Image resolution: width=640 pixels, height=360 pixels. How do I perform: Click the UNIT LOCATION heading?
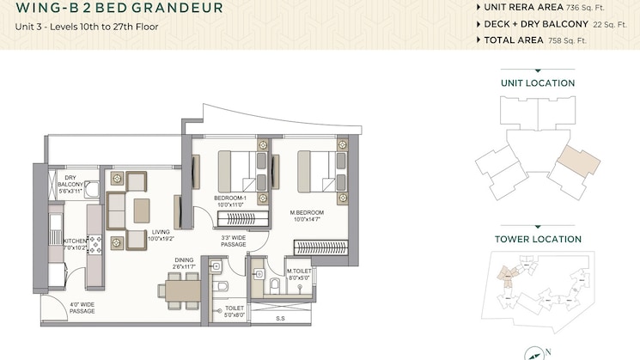coord(538,83)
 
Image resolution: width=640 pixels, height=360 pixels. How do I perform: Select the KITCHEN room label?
coord(76,244)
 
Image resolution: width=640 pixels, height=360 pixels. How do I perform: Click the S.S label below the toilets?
coord(280,318)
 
